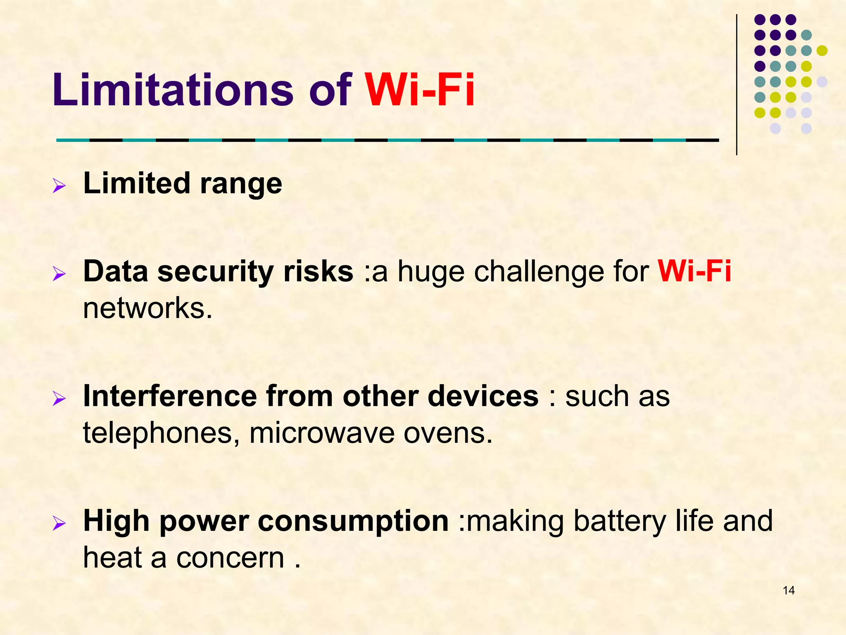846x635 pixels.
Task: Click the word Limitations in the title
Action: point(172,90)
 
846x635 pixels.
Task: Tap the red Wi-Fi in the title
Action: point(419,90)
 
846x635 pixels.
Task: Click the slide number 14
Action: point(789,590)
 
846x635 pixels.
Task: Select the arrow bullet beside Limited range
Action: point(59,186)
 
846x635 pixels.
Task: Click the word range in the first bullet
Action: point(241,184)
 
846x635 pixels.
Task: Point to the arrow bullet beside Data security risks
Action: point(59,274)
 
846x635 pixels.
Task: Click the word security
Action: point(215,272)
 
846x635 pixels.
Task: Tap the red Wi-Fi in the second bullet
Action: point(694,271)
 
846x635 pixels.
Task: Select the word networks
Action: point(147,308)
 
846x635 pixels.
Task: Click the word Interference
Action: point(170,396)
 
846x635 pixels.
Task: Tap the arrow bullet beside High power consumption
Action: point(59,524)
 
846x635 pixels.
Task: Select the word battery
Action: point(620,521)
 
